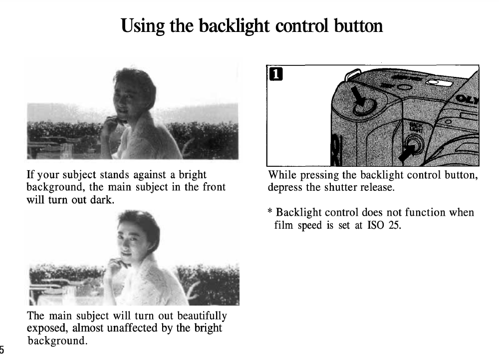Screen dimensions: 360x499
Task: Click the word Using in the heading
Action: coord(143,26)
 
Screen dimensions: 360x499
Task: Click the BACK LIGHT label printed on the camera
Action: coord(416,128)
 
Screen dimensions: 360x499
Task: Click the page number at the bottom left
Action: coord(2,349)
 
